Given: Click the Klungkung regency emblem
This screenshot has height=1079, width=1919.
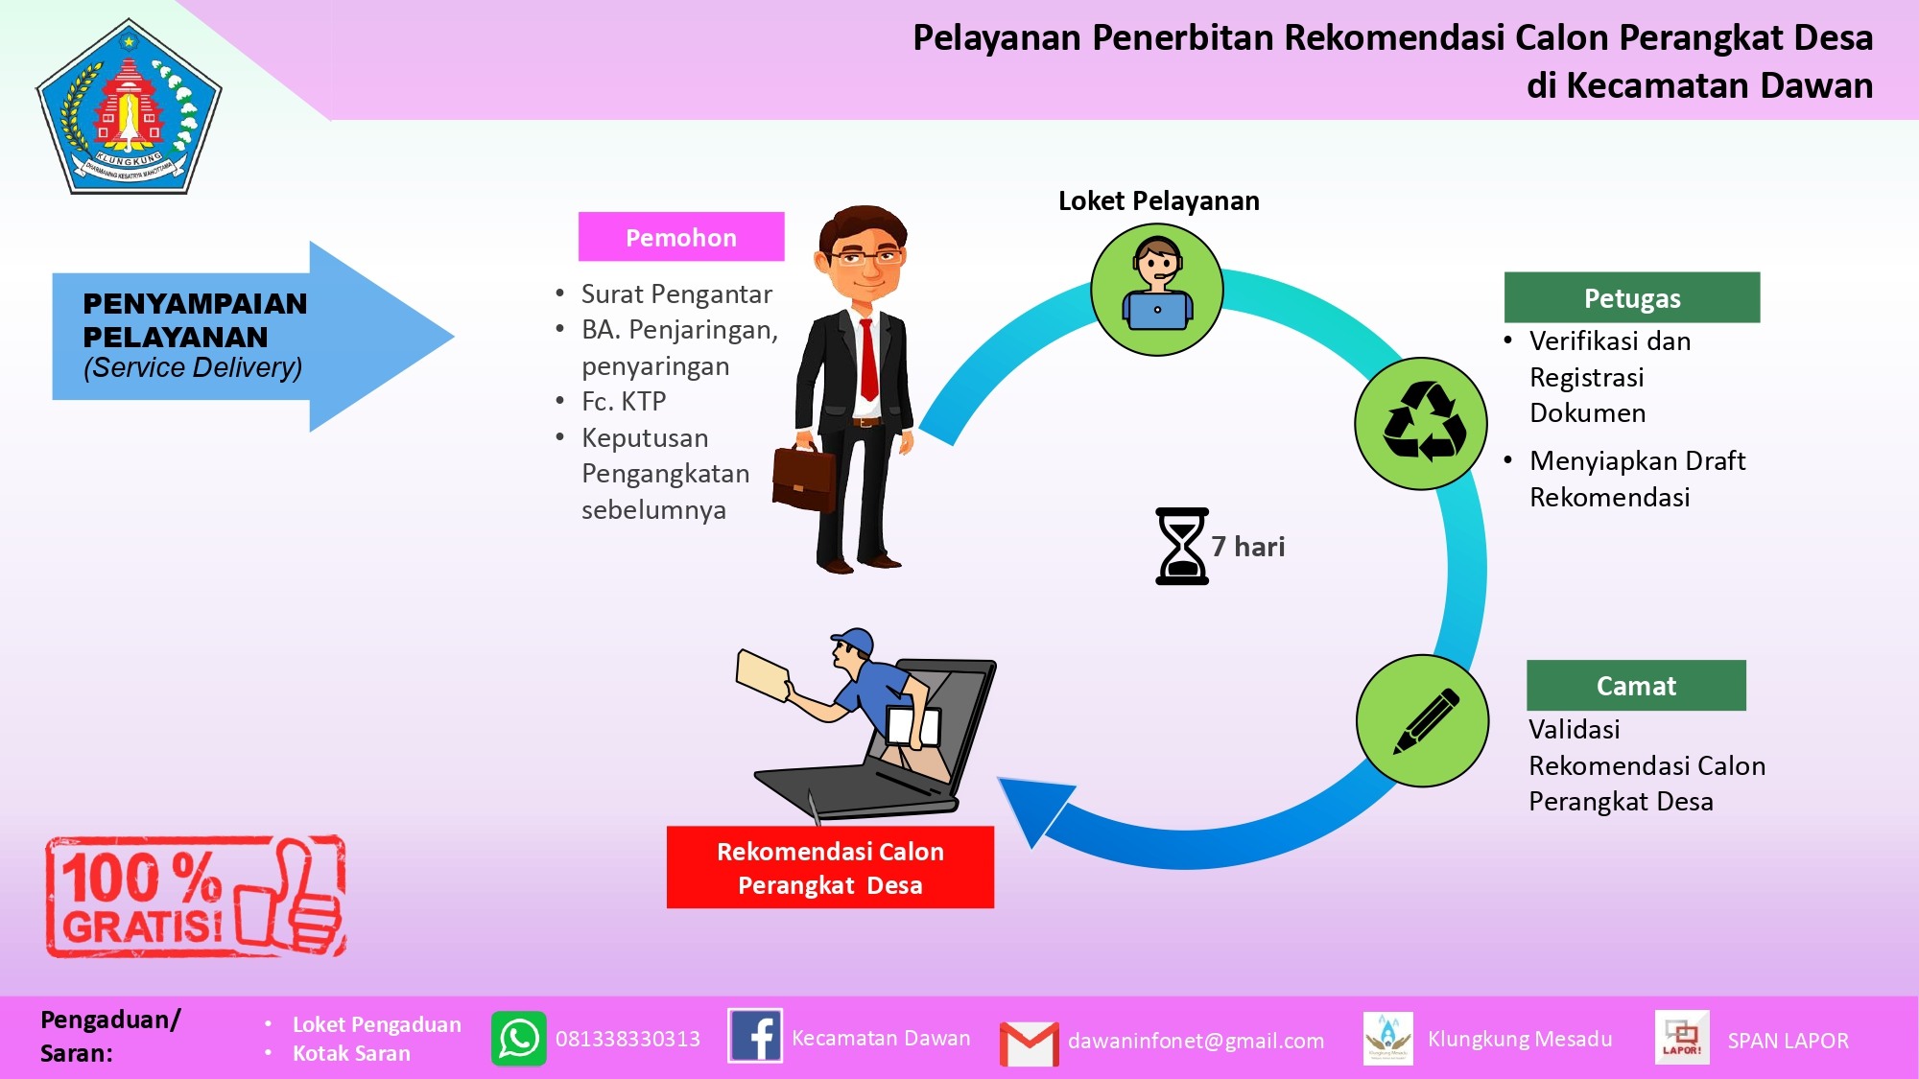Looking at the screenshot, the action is [130, 107].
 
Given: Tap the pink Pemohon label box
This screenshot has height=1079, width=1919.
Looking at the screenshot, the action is [681, 237].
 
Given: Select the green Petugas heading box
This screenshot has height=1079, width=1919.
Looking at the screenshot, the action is [1632, 297].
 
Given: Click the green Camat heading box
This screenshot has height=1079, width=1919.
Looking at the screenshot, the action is [1636, 685].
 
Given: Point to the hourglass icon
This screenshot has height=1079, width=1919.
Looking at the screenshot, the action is [1182, 546].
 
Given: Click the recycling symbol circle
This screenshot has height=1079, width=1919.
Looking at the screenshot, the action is [1421, 423].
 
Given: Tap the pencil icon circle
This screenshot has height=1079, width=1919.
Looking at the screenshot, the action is [1423, 720].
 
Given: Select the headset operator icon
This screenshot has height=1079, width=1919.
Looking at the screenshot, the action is [1157, 290].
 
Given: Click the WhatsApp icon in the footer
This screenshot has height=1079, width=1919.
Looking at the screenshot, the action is [519, 1039].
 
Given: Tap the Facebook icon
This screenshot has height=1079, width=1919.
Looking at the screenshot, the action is [755, 1036].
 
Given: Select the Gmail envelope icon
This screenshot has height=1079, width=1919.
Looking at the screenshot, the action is [1030, 1044].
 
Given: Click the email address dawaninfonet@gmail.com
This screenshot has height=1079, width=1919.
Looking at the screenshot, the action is [1196, 1041].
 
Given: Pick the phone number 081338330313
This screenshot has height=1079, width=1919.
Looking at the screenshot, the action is [628, 1039].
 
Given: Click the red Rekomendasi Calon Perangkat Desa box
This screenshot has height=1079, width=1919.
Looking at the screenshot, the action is [830, 867].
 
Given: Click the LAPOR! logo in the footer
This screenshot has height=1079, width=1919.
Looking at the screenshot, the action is [1682, 1038].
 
